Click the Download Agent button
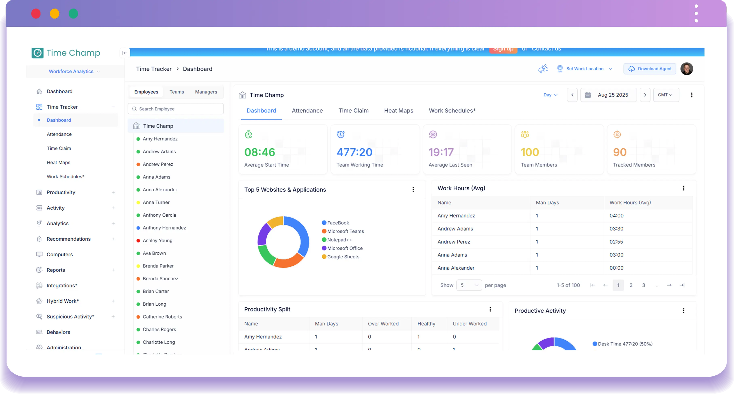point(650,69)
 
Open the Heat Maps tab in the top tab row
point(398,110)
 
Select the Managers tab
point(206,92)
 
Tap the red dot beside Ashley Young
point(138,241)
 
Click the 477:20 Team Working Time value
point(354,152)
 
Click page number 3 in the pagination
point(643,285)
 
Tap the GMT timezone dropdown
point(666,95)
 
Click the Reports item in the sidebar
point(56,270)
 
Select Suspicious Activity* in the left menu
point(70,316)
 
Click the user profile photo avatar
point(687,69)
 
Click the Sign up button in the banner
point(503,49)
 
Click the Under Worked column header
point(470,324)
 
